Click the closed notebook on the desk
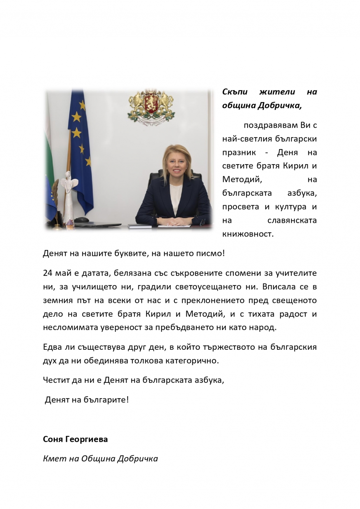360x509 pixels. pyautogui.click(x=139, y=226)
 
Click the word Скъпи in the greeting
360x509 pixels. pyautogui.click(x=235, y=92)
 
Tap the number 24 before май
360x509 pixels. pyautogui.click(x=47, y=273)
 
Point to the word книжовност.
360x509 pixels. pyautogui.click(x=247, y=234)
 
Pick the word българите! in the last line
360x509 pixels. pyautogui.click(x=106, y=400)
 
